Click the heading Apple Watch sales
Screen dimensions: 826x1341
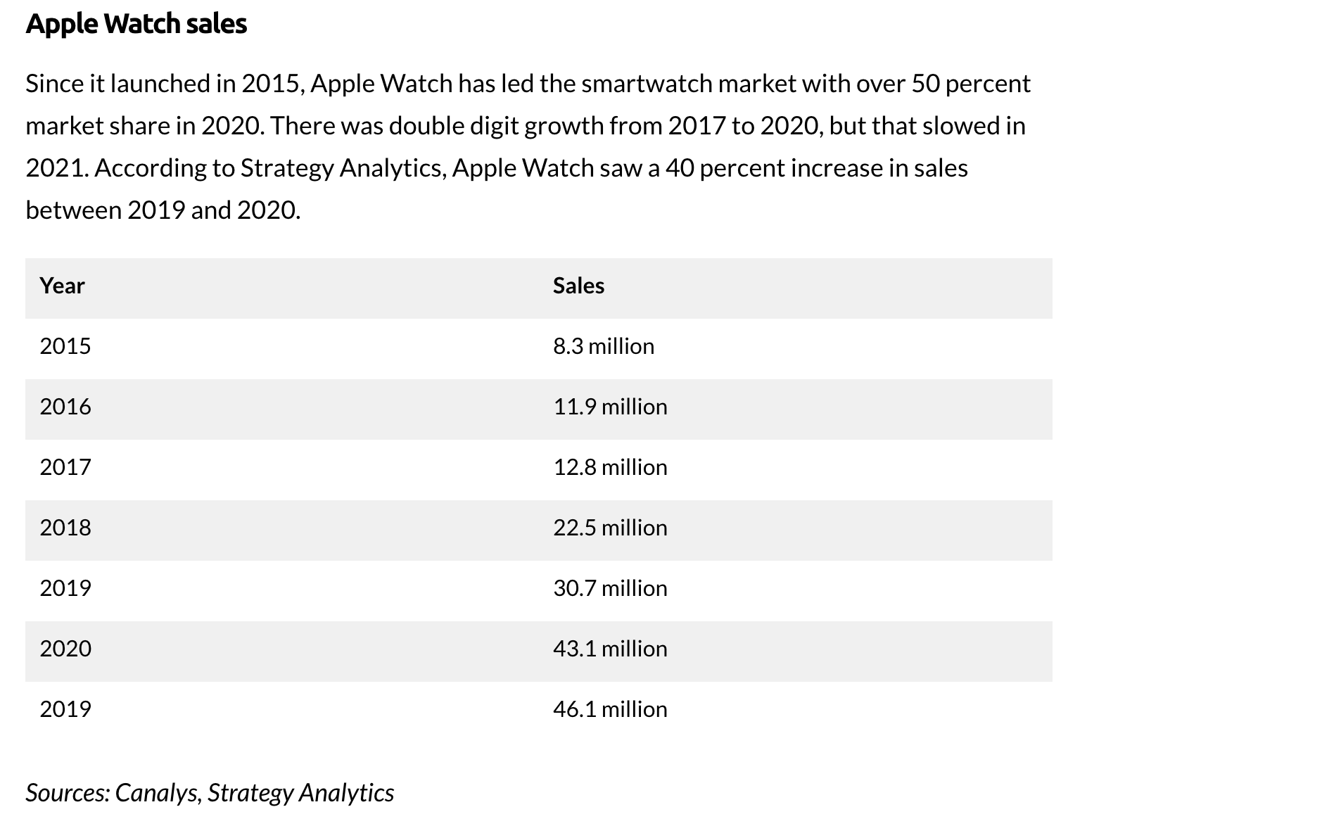point(136,25)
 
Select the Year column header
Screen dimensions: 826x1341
point(62,286)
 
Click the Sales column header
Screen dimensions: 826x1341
point(578,286)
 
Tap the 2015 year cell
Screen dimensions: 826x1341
point(65,346)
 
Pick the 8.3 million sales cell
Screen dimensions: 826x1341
point(603,346)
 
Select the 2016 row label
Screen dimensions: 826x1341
point(65,407)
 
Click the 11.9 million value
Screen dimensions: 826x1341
point(610,407)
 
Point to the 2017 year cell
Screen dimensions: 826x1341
point(65,467)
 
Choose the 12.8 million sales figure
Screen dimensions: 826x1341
point(610,467)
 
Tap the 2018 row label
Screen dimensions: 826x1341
point(65,528)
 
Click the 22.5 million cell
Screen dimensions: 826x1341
point(610,528)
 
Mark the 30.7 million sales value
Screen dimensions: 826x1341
point(610,588)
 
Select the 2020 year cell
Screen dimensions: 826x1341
point(65,649)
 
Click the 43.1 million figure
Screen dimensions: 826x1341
point(610,649)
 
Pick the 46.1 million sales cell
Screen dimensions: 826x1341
point(610,709)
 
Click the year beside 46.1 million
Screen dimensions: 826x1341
point(65,709)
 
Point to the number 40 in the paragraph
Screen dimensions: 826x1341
point(680,168)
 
